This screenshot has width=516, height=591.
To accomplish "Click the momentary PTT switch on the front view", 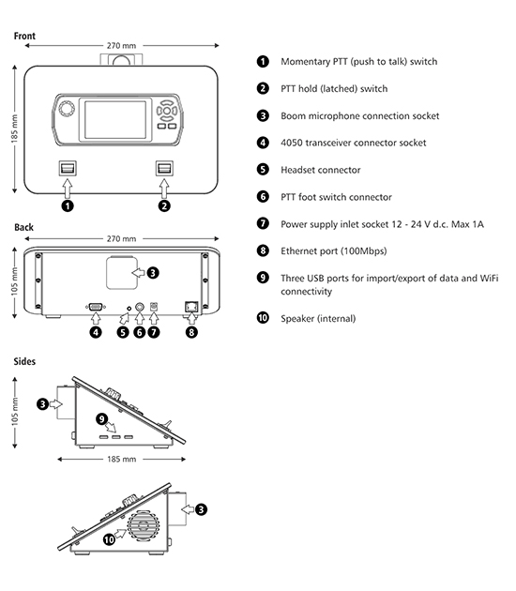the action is [x=68, y=168].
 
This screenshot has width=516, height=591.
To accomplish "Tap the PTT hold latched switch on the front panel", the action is [x=165, y=168].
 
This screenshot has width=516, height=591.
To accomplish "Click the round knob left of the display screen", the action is [x=67, y=109].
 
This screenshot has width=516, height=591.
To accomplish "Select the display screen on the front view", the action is [x=115, y=119].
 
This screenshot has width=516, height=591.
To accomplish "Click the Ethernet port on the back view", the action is [x=191, y=307].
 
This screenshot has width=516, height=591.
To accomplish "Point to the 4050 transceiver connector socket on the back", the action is [x=96, y=307].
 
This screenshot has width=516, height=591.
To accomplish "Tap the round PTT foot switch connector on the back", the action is [x=140, y=307].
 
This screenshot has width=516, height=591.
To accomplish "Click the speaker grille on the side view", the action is [x=144, y=526].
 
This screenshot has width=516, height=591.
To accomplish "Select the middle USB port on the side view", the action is [x=116, y=437].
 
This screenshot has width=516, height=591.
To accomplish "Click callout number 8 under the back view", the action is [x=191, y=332].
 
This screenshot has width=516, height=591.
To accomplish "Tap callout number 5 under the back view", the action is [x=123, y=332].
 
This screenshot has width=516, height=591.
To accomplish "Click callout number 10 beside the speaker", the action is [x=109, y=539].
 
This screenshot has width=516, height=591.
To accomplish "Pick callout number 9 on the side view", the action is [x=101, y=418].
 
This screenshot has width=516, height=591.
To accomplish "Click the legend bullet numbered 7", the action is [x=263, y=223].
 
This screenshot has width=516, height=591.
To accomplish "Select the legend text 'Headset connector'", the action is [x=320, y=170].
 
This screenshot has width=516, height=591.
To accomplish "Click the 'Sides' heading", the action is [x=24, y=361].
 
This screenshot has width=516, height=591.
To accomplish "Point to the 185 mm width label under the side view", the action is [x=121, y=459].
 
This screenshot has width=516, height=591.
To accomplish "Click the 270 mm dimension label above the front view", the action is [x=121, y=46].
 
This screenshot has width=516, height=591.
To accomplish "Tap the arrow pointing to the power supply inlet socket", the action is [x=154, y=319].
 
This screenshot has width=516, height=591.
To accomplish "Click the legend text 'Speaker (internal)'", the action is [x=318, y=319].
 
